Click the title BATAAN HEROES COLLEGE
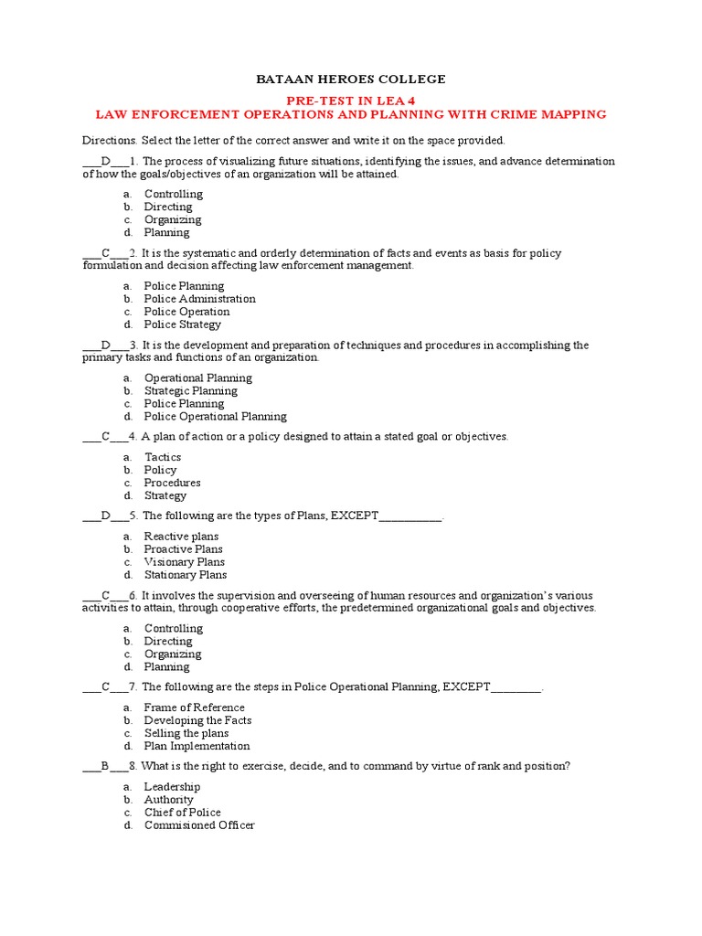tap(351, 80)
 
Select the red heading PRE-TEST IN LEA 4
tap(351, 101)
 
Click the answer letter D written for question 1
tap(105, 161)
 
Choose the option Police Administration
tap(199, 299)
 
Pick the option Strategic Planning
tap(190, 391)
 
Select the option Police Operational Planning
tap(215, 417)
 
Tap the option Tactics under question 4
tap(163, 457)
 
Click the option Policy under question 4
tap(160, 470)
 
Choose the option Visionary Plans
tap(184, 562)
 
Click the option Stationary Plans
tap(186, 575)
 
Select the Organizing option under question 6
tap(173, 654)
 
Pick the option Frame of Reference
tap(194, 707)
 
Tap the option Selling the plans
tap(186, 733)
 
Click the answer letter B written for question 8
tap(105, 766)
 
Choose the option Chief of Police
tap(182, 813)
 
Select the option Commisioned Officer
tap(199, 825)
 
